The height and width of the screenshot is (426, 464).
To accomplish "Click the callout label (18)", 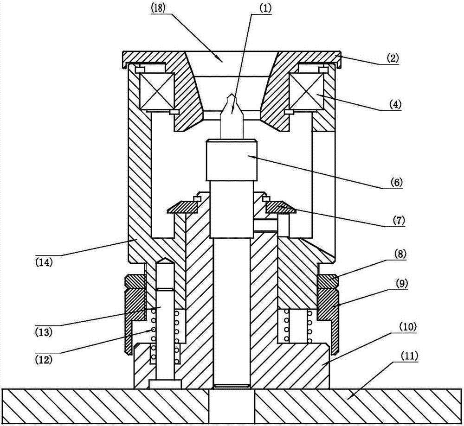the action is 158,8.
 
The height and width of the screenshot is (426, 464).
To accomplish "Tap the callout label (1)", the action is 265,8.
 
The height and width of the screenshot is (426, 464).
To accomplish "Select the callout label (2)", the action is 393,58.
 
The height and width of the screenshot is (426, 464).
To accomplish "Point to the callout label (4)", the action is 395,105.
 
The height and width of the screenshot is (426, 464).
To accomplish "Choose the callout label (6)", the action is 396,182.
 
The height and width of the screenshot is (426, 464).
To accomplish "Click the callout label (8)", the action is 400,254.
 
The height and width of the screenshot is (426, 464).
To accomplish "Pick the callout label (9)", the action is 401,284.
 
